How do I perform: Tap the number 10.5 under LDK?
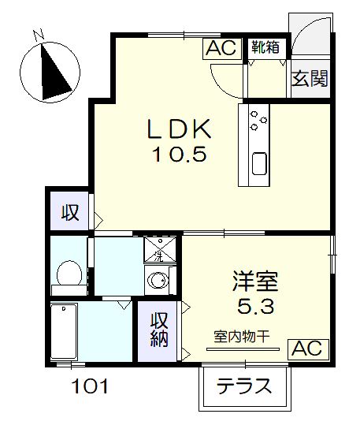[x=179, y=155]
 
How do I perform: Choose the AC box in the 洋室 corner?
[x=307, y=349]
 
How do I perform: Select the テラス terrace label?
[x=244, y=388]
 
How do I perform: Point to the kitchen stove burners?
[x=258, y=119]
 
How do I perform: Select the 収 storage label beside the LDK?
[x=70, y=212]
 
